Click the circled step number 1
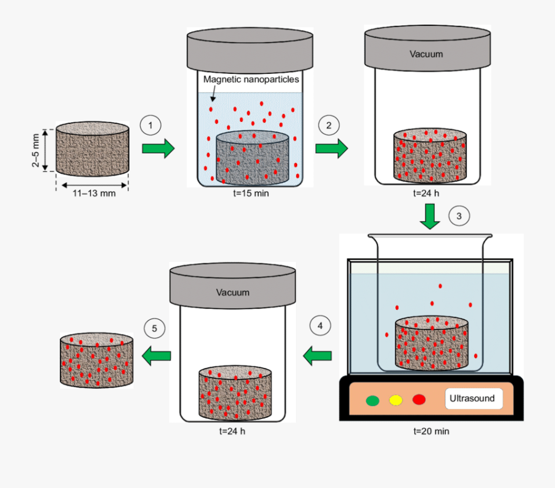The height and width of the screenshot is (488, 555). (150, 125)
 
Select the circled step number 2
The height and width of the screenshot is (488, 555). (329, 125)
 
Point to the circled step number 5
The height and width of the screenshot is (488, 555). (154, 329)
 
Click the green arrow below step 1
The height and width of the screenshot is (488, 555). (158, 148)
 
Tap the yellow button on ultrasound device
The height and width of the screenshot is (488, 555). (395, 400)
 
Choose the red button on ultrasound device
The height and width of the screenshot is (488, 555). (419, 400)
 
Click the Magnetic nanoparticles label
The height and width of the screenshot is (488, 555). (250, 79)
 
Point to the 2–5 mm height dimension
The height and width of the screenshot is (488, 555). (36, 150)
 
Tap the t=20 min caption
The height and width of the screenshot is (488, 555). (431, 431)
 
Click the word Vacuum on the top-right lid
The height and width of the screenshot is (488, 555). (426, 54)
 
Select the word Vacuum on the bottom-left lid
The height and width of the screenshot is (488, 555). (232, 292)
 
